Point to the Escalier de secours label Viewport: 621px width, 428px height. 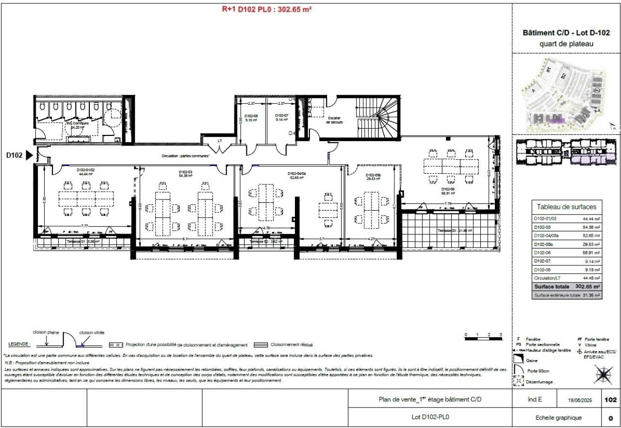335,121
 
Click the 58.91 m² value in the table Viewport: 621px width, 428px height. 591,253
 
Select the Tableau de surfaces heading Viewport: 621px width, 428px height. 566,206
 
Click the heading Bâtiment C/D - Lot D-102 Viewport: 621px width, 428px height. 566,33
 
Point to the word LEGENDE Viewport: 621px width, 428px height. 19,344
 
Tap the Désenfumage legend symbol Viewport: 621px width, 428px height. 518,381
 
